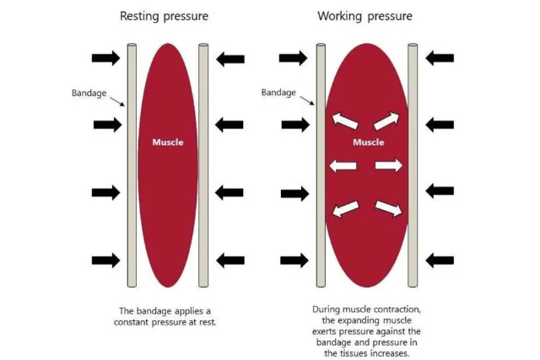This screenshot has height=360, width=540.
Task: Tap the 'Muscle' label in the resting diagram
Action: click(167, 142)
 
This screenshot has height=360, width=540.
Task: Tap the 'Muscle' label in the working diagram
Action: click(368, 142)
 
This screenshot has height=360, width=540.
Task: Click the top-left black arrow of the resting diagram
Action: click(106, 57)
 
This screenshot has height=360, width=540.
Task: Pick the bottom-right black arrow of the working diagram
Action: click(440, 260)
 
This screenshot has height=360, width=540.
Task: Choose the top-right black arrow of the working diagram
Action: click(440, 57)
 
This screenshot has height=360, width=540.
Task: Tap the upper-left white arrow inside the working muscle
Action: click(344, 121)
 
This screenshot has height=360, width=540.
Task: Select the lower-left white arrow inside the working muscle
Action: click(344, 208)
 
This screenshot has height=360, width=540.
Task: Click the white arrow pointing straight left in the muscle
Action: click(342, 165)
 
